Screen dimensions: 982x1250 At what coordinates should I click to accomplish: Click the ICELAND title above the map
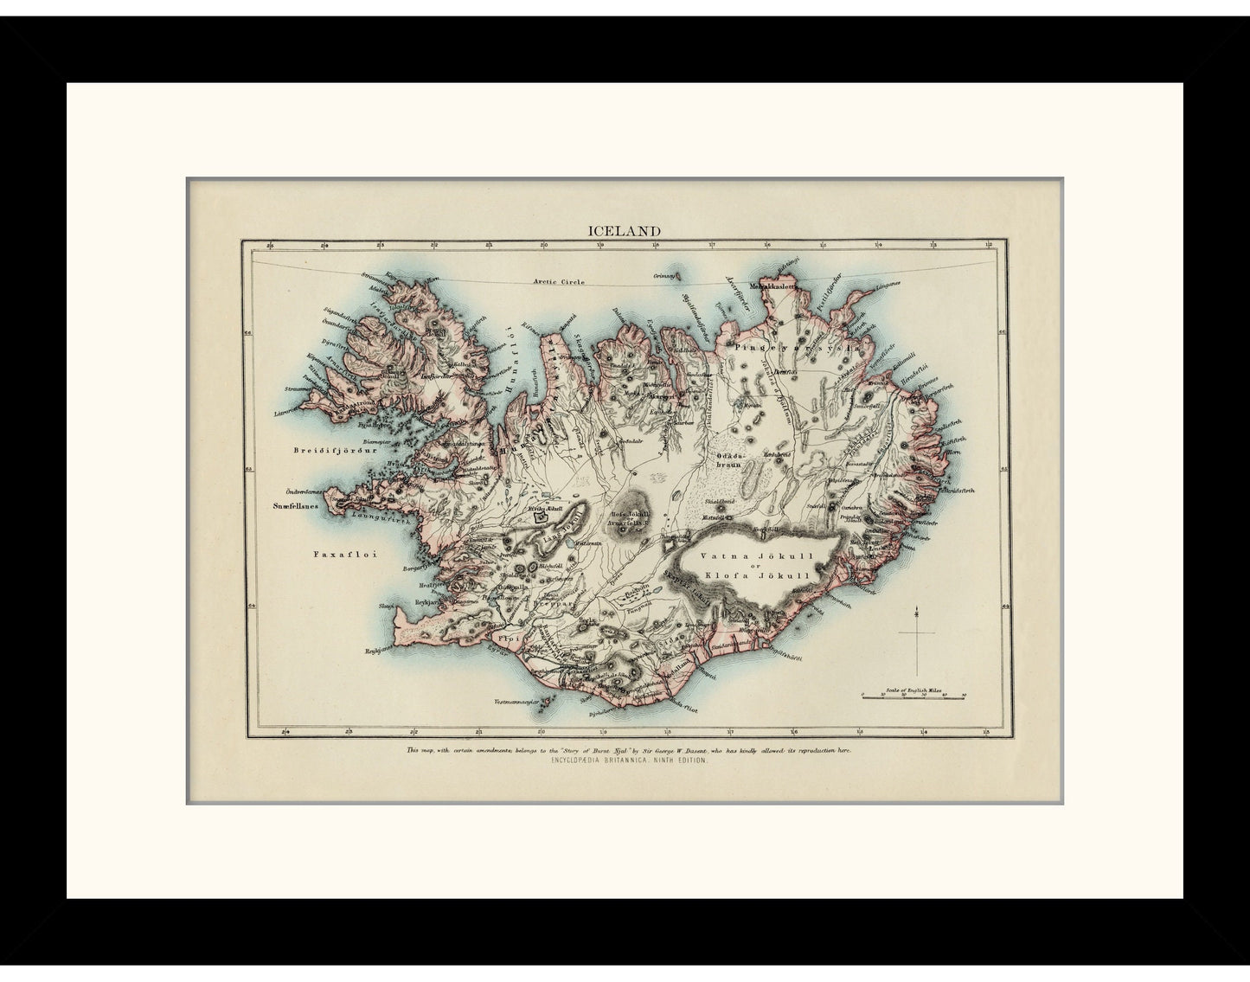(625, 231)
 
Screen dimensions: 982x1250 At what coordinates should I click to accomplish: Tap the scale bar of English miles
(914, 695)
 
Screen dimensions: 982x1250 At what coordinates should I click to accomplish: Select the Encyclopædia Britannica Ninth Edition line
(624, 759)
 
